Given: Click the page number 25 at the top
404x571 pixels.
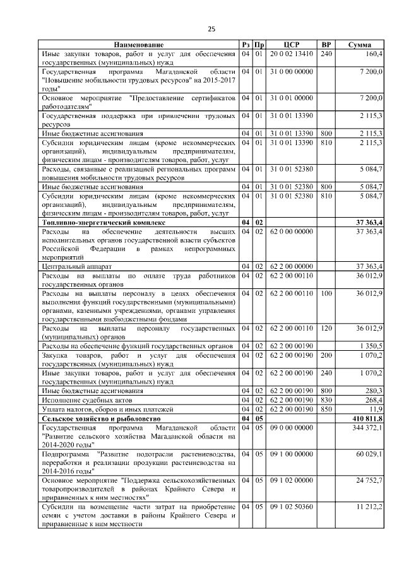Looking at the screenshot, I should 211,29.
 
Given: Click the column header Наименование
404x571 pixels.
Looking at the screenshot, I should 138,45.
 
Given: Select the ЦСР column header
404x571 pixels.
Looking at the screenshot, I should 291,45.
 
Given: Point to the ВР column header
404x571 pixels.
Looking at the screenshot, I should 326,45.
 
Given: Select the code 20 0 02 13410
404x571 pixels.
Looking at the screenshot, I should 291,54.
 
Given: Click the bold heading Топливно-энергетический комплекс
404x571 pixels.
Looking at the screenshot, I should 104,223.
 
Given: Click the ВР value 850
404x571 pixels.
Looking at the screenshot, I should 326,409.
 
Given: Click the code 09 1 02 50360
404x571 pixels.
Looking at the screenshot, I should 291,506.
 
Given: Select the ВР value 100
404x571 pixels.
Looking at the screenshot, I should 326,293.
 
